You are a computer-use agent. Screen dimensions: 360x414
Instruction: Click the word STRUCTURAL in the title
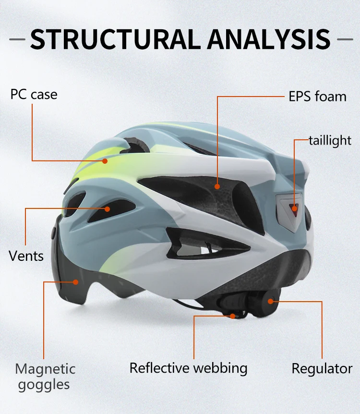(113, 39)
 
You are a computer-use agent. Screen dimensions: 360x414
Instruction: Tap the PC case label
(34, 94)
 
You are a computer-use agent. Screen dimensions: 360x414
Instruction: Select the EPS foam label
(317, 96)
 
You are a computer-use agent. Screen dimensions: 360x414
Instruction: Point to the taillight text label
(330, 141)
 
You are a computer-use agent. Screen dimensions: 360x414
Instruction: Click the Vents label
(26, 255)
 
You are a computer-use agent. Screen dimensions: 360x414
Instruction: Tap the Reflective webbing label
(188, 368)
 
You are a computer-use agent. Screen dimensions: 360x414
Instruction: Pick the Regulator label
(322, 369)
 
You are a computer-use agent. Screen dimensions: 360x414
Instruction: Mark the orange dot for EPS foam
(217, 186)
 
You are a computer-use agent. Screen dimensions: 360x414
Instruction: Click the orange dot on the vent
(107, 208)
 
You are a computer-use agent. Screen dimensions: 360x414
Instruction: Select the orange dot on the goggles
(75, 282)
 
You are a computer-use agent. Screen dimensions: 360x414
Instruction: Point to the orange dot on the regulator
(271, 302)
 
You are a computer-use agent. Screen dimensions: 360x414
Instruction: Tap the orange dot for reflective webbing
(233, 316)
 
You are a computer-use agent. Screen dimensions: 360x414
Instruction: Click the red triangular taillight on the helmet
(293, 207)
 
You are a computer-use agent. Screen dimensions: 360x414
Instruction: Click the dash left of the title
(17, 39)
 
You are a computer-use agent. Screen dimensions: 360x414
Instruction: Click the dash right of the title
(345, 39)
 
